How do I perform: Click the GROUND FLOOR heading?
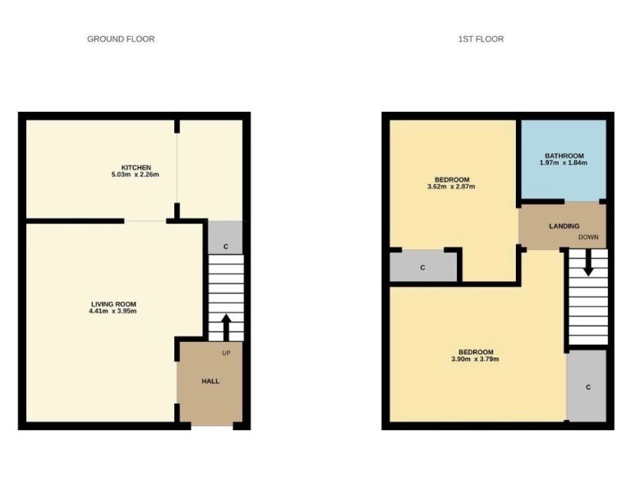click(x=121, y=39)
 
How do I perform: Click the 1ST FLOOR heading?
click(x=481, y=39)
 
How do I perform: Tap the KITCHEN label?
click(x=136, y=168)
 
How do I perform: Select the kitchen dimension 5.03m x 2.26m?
click(x=136, y=175)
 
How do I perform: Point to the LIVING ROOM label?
click(x=113, y=304)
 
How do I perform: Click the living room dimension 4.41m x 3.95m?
click(x=113, y=311)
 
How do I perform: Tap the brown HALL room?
click(x=210, y=382)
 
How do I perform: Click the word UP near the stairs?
click(x=226, y=353)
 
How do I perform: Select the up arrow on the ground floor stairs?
click(x=226, y=327)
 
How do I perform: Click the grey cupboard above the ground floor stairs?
click(x=225, y=238)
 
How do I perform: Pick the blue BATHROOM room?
click(x=564, y=160)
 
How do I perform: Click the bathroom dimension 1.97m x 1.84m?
click(x=564, y=163)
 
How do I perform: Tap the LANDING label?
click(x=564, y=226)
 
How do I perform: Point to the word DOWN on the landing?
click(x=588, y=237)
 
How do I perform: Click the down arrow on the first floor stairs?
click(x=588, y=262)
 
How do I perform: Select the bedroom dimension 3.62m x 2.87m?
click(x=451, y=187)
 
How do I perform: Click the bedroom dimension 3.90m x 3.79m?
click(x=475, y=359)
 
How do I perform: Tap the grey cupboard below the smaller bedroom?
click(x=423, y=267)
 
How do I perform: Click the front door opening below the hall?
click(x=212, y=426)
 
